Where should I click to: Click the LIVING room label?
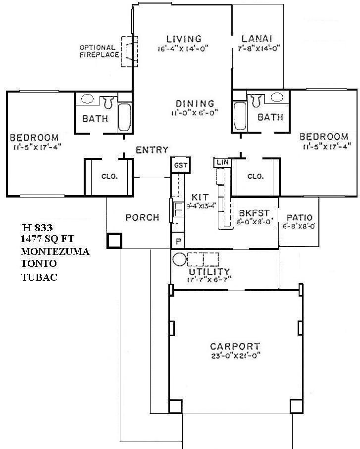(184, 39)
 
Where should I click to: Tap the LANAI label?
(257, 39)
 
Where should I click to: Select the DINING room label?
(195, 104)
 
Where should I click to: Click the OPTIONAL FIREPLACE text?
(99, 51)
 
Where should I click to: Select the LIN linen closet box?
(220, 162)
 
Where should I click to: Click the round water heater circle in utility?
(179, 259)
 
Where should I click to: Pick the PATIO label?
(299, 217)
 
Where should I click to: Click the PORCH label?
(142, 217)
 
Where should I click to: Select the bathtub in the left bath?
(124, 117)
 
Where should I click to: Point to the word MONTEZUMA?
(55, 252)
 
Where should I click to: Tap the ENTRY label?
(152, 150)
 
